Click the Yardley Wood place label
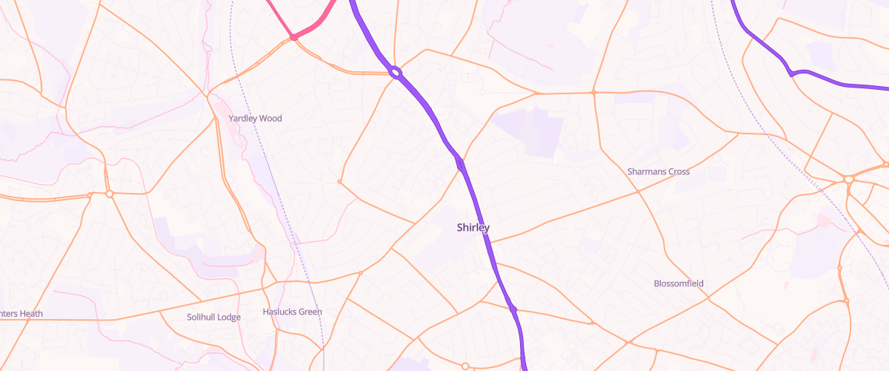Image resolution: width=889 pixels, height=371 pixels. (255, 119)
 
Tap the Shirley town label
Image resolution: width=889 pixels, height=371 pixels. (473, 228)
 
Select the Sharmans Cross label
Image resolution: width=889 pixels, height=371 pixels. (658, 172)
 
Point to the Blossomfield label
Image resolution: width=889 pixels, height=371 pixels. (679, 284)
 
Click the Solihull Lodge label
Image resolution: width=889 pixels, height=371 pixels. (213, 318)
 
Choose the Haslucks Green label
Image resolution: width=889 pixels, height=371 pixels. (293, 312)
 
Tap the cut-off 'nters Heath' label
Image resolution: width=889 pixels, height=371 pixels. (21, 314)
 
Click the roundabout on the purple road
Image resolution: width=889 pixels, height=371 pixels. (395, 73)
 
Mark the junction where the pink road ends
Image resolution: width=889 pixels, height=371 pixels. (294, 36)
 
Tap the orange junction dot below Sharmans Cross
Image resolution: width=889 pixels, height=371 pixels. (638, 192)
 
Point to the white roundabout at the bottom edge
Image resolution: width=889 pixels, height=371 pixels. (465, 366)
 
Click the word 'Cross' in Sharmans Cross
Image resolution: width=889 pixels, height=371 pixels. (676, 172)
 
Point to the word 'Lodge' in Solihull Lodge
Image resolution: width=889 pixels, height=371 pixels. (229, 318)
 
